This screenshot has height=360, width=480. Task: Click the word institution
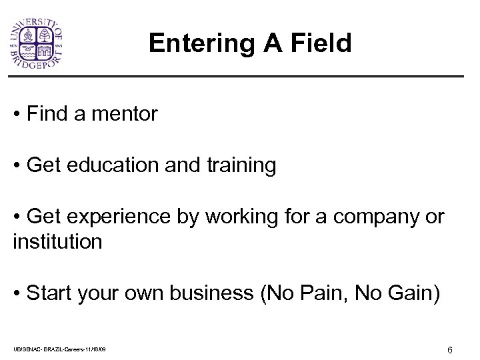click(x=57, y=241)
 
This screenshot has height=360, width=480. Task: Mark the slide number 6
click(x=450, y=350)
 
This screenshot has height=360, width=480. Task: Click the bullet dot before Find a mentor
click(x=16, y=115)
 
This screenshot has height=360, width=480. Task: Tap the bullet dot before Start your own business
click(x=16, y=294)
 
